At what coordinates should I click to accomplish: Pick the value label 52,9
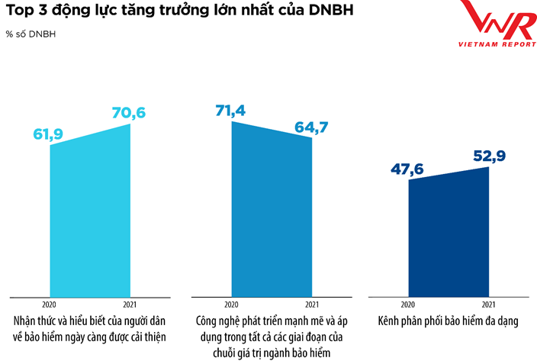pyautogui.click(x=490, y=156)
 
